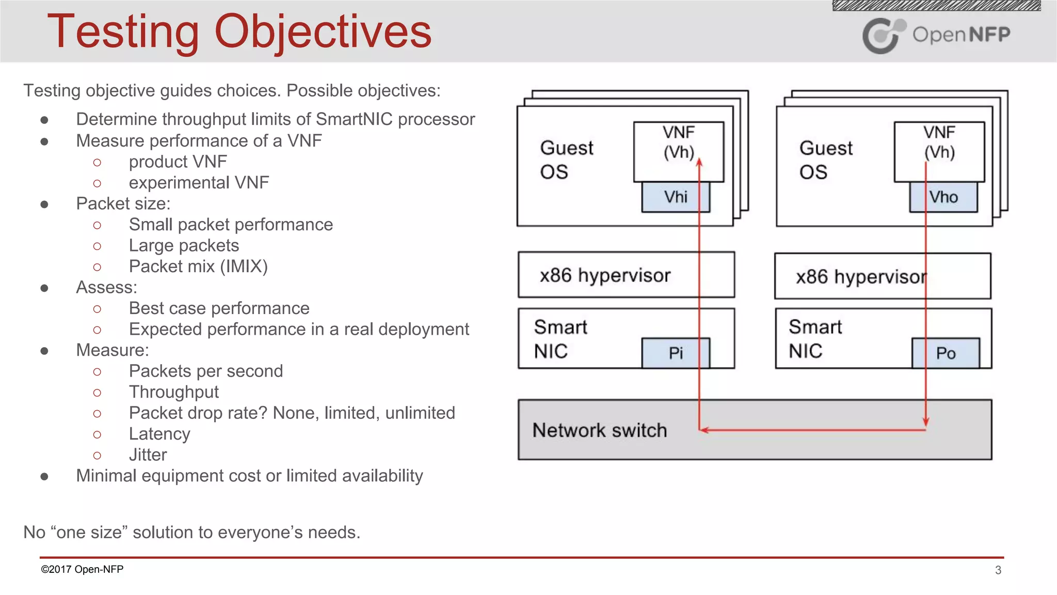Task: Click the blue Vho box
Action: tap(943, 197)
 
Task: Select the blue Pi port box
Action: tap(675, 353)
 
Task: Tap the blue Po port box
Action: tap(945, 353)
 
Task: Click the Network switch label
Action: tap(599, 430)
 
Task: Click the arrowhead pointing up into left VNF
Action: tap(699, 162)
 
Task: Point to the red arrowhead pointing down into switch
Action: tap(926, 421)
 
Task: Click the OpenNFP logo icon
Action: tap(883, 35)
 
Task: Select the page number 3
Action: tap(998, 570)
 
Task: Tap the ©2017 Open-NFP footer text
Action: tap(82, 569)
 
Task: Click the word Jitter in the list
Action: tap(148, 455)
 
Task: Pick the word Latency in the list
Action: tap(159, 434)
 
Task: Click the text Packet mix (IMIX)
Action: tap(198, 267)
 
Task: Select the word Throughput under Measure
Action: tap(173, 392)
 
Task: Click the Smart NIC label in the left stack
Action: tap(560, 339)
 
